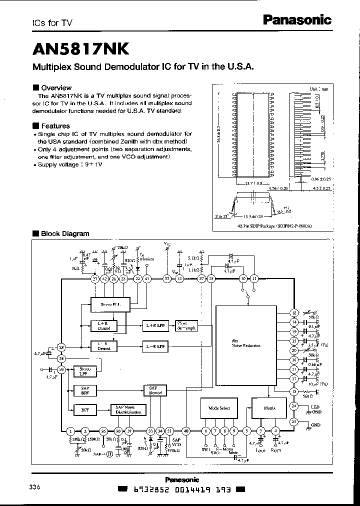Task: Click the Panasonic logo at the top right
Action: pos(297,20)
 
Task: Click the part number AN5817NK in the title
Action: pos(81,49)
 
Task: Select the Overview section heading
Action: pos(56,87)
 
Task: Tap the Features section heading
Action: pos(55,126)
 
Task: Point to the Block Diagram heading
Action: pos(65,233)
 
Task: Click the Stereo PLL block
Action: pos(110,303)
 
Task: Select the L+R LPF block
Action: pos(154,326)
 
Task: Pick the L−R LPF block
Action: pos(154,346)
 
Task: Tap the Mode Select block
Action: pos(218,408)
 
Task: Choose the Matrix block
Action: pos(269,408)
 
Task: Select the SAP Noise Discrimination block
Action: pos(128,410)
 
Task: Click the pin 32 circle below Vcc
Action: pos(167,278)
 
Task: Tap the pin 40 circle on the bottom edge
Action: pos(186,430)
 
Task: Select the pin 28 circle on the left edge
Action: pos(61,347)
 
